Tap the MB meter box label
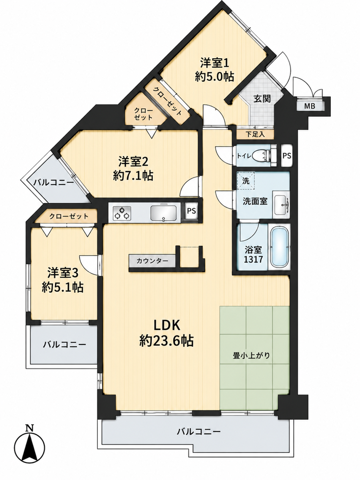click(309, 106)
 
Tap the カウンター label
click(152, 261)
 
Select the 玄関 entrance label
click(262, 99)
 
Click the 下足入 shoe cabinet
click(255, 134)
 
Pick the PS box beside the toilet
click(287, 155)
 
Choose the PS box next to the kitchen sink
click(192, 211)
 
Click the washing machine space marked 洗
click(246, 180)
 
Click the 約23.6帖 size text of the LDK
click(166, 340)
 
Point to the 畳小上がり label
click(252, 356)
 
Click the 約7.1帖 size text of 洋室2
click(133, 176)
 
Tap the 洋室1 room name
click(215, 63)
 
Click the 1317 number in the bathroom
click(253, 260)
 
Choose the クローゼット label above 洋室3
click(69, 216)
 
